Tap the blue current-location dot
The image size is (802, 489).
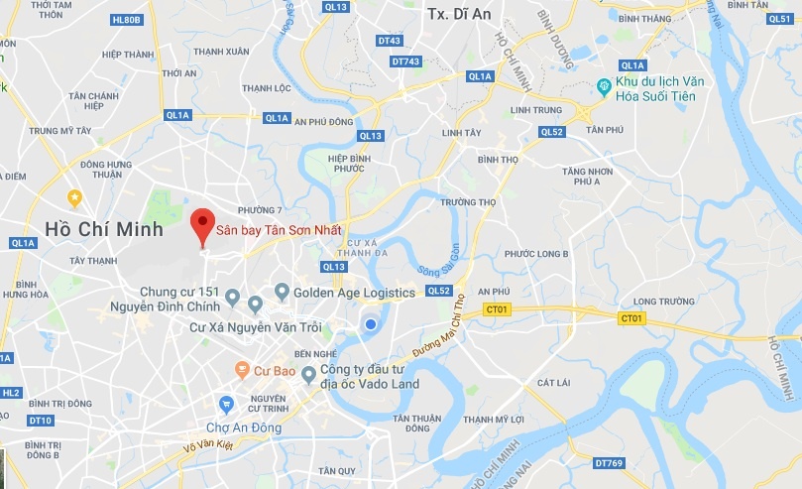[x=370, y=324]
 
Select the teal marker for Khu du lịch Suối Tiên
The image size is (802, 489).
[x=603, y=87]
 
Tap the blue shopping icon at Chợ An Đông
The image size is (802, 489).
[x=227, y=404]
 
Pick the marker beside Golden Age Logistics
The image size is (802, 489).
[x=282, y=292]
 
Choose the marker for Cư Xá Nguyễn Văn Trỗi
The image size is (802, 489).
[x=256, y=305]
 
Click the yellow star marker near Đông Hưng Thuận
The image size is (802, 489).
[x=74, y=197]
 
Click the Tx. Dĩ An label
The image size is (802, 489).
[x=450, y=13]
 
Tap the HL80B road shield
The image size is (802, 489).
[x=127, y=19]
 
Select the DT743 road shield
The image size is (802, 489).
[x=406, y=61]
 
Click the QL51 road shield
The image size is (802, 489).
[x=780, y=19]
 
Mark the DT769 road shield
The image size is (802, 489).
[x=608, y=462]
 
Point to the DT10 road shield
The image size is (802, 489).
[x=40, y=420]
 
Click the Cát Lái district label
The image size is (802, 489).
[x=553, y=381]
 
